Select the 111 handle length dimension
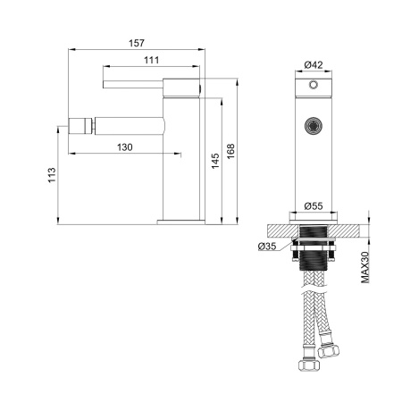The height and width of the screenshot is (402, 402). click(x=151, y=60)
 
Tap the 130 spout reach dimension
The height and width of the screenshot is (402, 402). click(x=124, y=147)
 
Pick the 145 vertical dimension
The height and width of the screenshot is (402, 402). click(x=214, y=159)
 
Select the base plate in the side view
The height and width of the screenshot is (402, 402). click(x=182, y=218)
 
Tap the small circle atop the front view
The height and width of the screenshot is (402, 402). click(x=313, y=86)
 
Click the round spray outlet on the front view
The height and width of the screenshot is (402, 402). click(x=313, y=125)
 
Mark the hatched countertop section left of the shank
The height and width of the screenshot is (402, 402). click(x=279, y=230)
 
